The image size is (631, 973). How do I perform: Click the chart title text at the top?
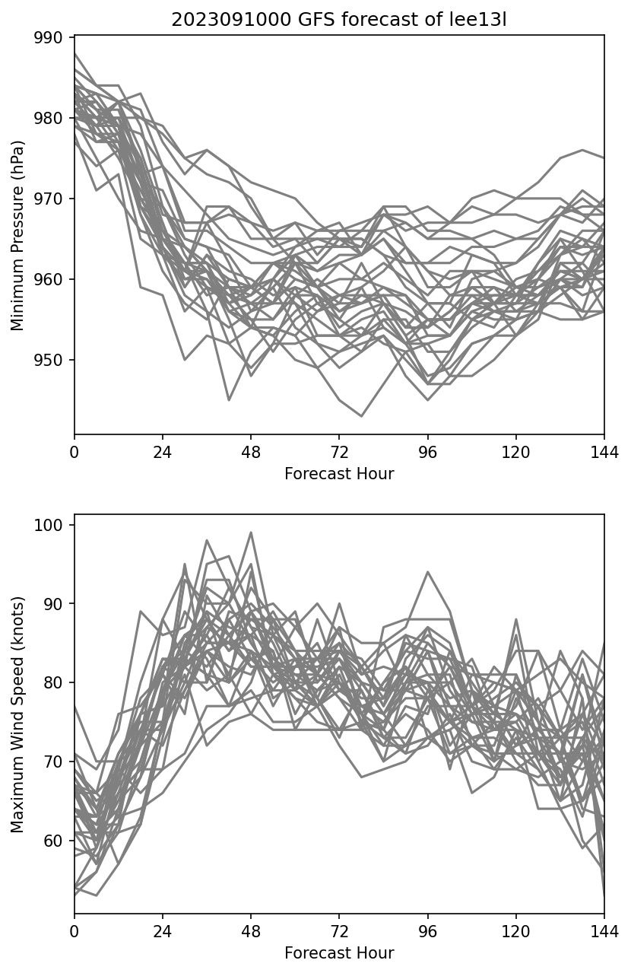coord(339,20)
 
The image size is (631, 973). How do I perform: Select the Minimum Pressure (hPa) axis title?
coord(18,235)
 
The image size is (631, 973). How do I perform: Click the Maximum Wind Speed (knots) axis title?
coord(18,714)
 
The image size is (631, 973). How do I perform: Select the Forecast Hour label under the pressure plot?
coord(339,474)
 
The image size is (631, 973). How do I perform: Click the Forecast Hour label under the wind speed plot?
coord(339,953)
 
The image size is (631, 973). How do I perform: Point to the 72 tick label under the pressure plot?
coord(339,452)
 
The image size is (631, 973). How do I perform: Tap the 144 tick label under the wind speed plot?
coord(604,931)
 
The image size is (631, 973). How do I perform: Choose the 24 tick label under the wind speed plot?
coord(163,931)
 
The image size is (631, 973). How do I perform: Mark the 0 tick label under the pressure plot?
coord(75,452)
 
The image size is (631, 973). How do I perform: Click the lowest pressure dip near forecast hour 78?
coord(361,416)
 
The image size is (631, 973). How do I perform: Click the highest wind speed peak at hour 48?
coord(251,533)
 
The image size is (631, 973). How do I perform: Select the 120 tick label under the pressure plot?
coord(516,452)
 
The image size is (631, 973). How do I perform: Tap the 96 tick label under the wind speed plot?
coord(428,931)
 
